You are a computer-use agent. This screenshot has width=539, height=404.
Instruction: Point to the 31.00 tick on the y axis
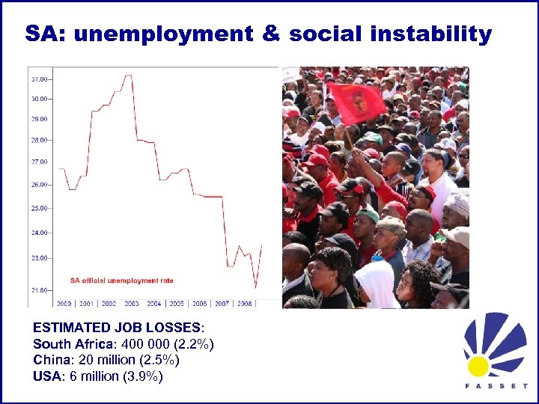coord(39,79)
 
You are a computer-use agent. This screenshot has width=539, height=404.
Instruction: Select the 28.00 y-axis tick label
coord(39,140)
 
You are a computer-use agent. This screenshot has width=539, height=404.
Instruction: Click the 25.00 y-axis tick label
coord(39,208)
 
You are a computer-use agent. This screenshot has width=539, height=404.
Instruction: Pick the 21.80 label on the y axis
coord(39,290)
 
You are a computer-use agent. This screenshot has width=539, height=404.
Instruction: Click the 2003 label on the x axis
coord(131,304)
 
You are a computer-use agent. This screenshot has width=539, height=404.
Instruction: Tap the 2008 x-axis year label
coord(245,304)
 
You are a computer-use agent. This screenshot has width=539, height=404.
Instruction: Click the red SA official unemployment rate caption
coord(122,281)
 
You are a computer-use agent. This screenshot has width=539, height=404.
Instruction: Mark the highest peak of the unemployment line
coord(129,76)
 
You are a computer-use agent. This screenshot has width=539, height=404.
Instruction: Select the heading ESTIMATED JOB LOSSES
coord(116,327)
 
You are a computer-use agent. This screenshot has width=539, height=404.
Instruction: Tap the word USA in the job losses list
coord(47,376)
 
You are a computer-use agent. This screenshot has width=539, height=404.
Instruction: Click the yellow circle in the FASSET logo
coord(477,366)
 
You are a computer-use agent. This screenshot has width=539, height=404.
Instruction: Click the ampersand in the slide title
coord(270,34)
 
